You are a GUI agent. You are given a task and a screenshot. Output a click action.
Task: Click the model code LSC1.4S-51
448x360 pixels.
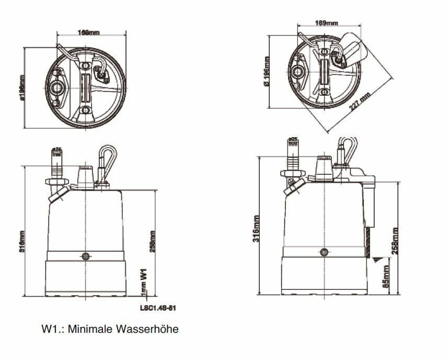click(157, 308)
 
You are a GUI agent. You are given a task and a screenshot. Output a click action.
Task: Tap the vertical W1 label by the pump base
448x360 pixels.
click(142, 275)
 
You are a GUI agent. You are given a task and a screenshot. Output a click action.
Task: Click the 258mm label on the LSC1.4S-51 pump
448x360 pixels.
click(152, 241)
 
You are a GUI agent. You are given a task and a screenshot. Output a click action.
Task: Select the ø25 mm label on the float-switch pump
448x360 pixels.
click(293, 141)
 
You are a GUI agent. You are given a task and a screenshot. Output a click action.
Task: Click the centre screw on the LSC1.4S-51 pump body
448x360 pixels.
click(85, 256)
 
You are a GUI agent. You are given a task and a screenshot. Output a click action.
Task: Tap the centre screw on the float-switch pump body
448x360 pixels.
click(324, 252)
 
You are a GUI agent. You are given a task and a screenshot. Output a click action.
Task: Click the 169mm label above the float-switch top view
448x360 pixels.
click(327, 23)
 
